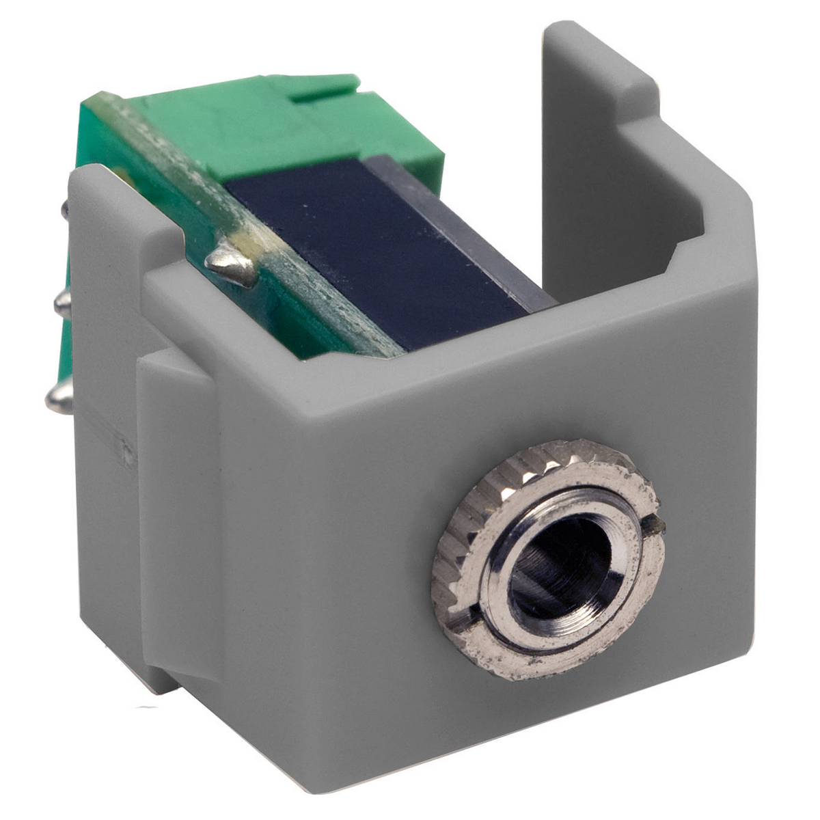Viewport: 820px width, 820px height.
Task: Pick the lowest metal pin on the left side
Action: pos(58,396)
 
